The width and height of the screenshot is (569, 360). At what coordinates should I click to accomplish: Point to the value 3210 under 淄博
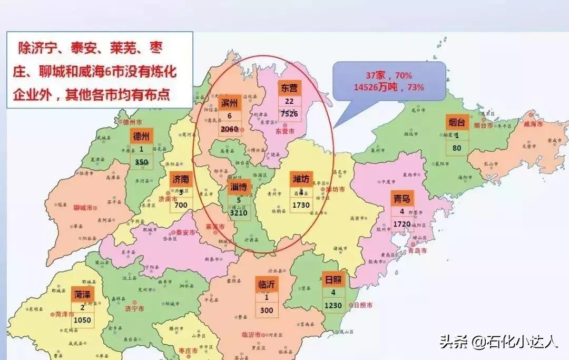(238, 213)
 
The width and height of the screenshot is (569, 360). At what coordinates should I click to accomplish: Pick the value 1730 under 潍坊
(302, 205)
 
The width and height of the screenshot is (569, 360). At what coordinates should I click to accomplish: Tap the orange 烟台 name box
(457, 122)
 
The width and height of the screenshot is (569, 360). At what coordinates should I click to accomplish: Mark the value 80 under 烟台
(457, 148)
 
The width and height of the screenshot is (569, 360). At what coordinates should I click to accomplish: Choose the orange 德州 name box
(141, 136)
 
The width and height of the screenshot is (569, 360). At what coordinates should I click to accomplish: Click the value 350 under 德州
(141, 162)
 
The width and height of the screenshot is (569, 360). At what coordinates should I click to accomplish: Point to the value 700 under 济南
(181, 204)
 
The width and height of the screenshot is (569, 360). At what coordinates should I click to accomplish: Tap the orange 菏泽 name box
(83, 294)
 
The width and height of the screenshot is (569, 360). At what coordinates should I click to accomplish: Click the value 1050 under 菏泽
(83, 320)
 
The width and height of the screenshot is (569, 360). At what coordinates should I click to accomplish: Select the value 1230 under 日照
(333, 305)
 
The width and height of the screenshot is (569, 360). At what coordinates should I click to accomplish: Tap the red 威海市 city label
(533, 123)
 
